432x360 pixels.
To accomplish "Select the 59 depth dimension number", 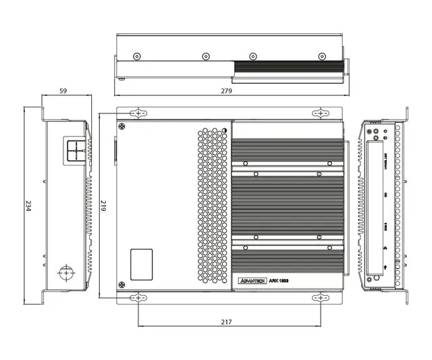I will pos(63,90).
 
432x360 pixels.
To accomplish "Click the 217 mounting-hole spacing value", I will pos(226,322).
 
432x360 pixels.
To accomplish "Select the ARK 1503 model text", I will pos(279,279).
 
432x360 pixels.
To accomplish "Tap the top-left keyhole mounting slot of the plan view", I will pos(139,113).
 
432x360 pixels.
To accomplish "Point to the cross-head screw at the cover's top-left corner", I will pos(122,126).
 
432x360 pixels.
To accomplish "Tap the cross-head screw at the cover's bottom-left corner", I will pos(122,284).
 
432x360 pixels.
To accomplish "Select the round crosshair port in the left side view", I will pos(67,272).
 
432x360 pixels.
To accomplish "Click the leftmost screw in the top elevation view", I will pos(138,56).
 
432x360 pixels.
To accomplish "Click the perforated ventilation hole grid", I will pos(213,206).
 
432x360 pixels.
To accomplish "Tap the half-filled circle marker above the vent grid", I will pos(223,130).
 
